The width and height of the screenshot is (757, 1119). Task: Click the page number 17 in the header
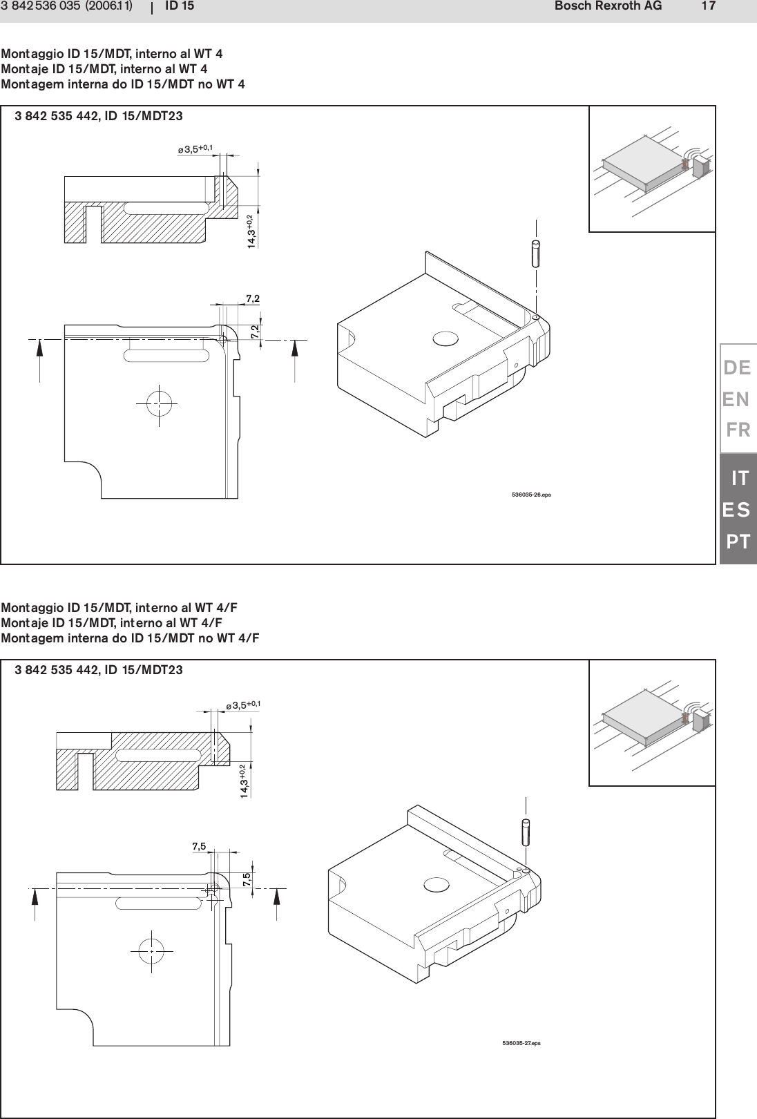(x=708, y=6)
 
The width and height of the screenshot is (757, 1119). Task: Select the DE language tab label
(x=737, y=368)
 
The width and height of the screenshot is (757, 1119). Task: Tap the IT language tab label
(x=740, y=478)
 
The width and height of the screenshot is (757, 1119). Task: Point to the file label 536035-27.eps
(x=521, y=1042)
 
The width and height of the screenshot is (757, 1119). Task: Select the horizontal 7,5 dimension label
(x=199, y=846)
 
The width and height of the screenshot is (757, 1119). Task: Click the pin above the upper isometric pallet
(x=537, y=251)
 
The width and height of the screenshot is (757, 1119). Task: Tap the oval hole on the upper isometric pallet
(x=445, y=338)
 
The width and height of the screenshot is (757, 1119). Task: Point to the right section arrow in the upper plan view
(x=295, y=358)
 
